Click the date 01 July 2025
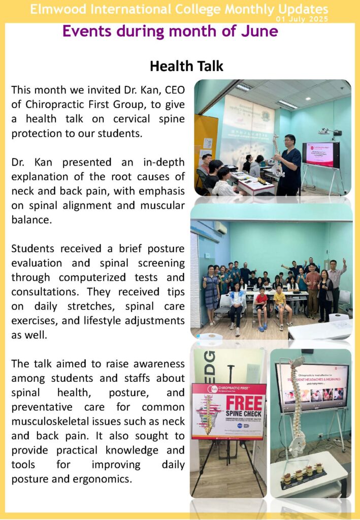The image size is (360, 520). click(x=302, y=19)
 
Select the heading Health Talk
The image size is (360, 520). click(x=186, y=66)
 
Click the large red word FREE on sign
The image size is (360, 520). click(x=245, y=403)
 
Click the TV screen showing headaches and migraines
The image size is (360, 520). click(x=311, y=387)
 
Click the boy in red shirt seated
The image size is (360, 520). click(x=261, y=305)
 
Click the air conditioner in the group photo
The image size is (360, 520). click(x=220, y=227)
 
